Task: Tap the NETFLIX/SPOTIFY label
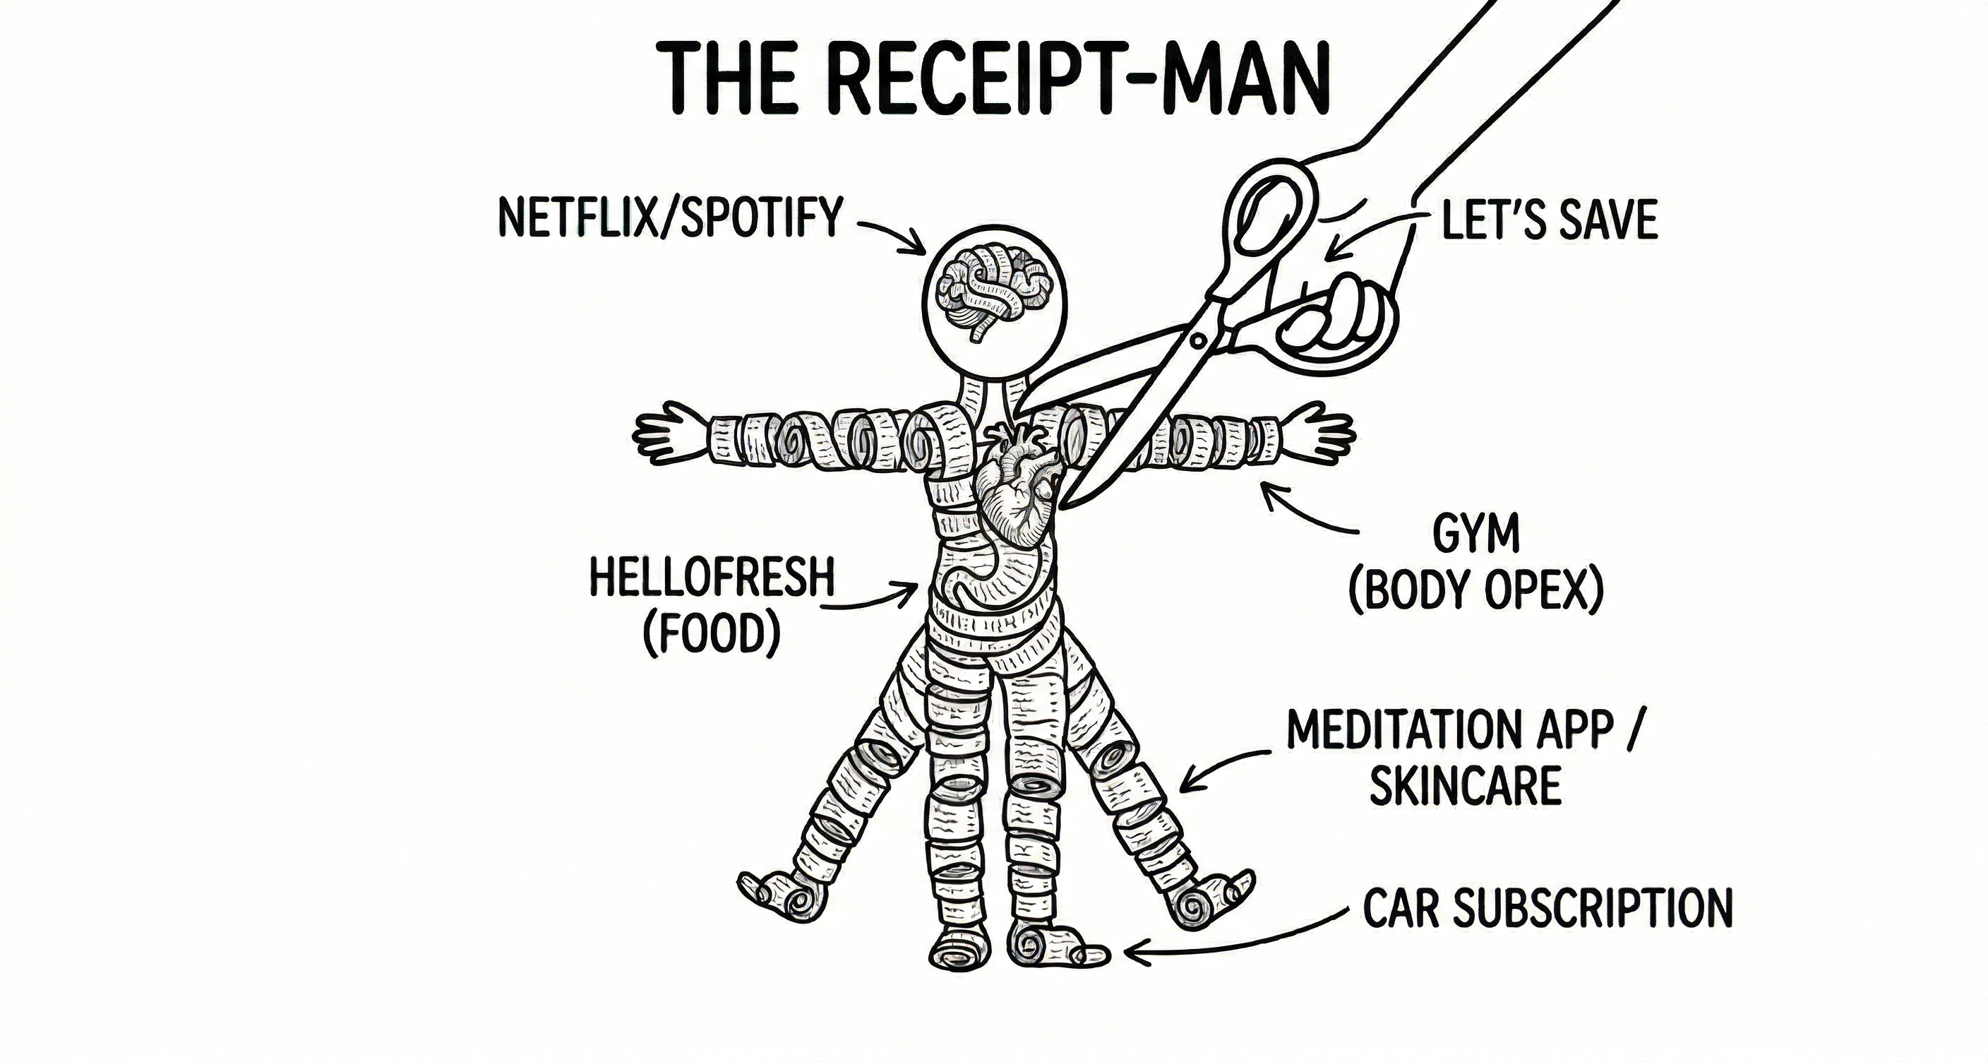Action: pyautogui.click(x=670, y=217)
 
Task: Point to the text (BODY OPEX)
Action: pyautogui.click(x=1475, y=592)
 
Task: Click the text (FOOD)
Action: pyautogui.click(x=712, y=634)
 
